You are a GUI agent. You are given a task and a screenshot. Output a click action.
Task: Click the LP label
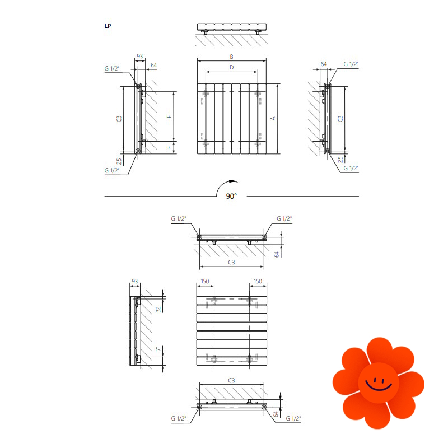click(108, 26)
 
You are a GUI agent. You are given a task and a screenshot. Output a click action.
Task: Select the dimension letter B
click(231, 57)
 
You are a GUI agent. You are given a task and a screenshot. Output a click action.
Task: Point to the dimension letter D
click(231, 67)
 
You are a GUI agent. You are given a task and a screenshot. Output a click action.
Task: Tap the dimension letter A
click(273, 118)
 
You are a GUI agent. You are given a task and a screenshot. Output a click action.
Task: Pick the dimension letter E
click(169, 116)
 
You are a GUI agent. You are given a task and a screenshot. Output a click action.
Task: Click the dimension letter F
click(169, 147)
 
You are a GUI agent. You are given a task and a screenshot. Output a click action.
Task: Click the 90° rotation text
click(231, 197)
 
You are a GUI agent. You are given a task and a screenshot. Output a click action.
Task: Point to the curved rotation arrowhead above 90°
click(234, 181)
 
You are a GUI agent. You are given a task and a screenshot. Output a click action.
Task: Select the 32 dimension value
click(158, 309)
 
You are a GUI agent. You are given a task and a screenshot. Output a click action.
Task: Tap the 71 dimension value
click(158, 348)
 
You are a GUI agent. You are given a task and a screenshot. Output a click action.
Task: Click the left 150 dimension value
click(205, 281)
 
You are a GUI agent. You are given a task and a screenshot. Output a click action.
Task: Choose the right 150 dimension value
click(258, 281)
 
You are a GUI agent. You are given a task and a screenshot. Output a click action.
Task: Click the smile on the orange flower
click(379, 385)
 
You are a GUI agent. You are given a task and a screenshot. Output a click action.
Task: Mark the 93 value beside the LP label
click(139, 56)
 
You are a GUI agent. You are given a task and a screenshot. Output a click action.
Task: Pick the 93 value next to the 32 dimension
click(134, 281)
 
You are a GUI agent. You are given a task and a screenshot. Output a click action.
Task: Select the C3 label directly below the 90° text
click(231, 262)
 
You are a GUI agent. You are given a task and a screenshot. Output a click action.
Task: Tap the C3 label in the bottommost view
click(231, 380)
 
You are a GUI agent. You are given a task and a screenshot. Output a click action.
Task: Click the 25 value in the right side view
click(340, 160)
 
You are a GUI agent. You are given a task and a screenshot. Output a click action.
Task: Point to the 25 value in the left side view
click(119, 161)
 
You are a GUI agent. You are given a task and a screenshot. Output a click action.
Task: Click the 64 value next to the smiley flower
click(276, 414)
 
